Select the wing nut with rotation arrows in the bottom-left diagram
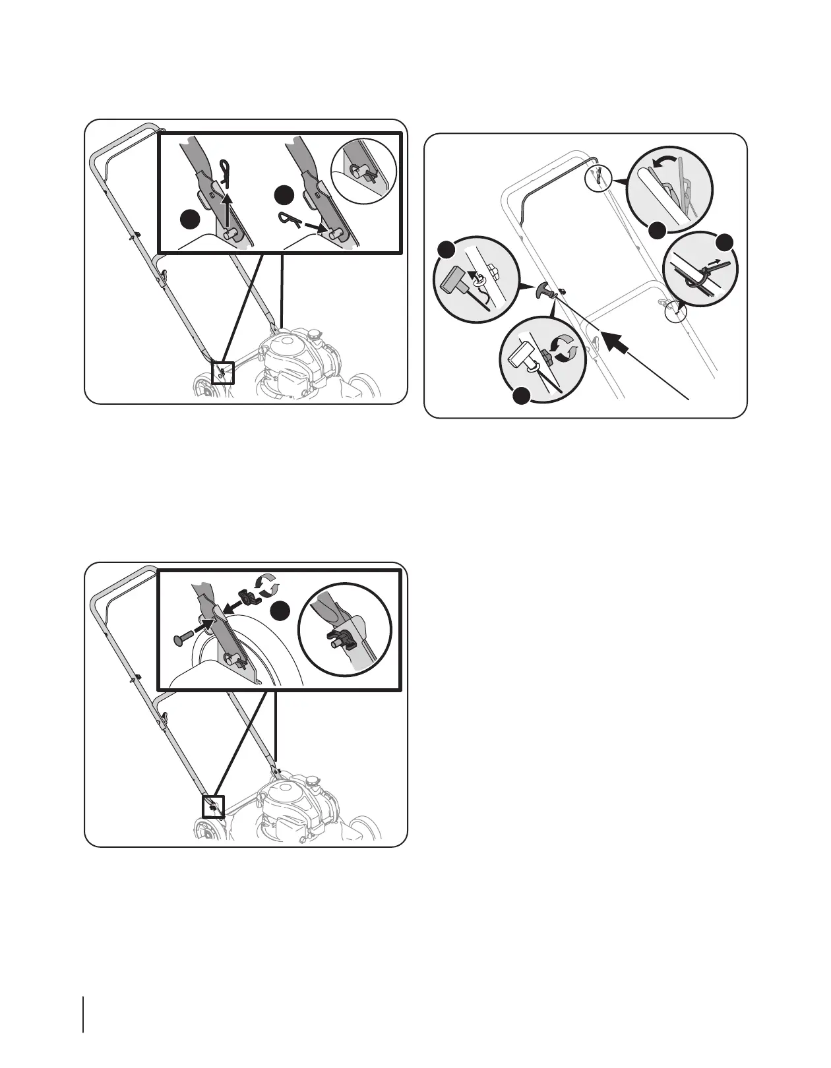[x=249, y=599]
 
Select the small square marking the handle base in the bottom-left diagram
[x=213, y=806]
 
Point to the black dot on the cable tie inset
[x=725, y=241]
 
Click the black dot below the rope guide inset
[x=522, y=396]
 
